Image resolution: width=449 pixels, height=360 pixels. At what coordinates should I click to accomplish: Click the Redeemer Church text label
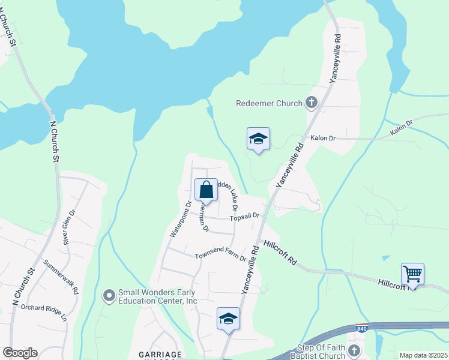[x=269, y=103]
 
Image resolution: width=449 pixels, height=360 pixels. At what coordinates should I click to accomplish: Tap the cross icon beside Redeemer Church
[x=311, y=103]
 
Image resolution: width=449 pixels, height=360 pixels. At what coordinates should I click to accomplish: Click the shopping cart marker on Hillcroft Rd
[x=412, y=274]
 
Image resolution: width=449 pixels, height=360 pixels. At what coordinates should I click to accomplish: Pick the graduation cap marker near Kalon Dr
[x=258, y=139]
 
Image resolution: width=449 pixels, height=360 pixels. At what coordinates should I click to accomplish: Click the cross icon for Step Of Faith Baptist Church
[x=355, y=350]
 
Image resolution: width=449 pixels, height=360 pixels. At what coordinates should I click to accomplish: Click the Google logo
[x=20, y=353]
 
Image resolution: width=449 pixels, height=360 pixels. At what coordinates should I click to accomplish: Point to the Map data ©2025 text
[x=423, y=355]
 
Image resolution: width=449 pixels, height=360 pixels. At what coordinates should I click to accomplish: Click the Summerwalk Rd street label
[x=61, y=275]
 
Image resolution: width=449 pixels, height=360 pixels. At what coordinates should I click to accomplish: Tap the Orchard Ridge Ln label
[x=43, y=312]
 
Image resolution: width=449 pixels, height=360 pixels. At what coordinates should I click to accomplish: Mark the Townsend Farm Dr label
[x=220, y=253]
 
